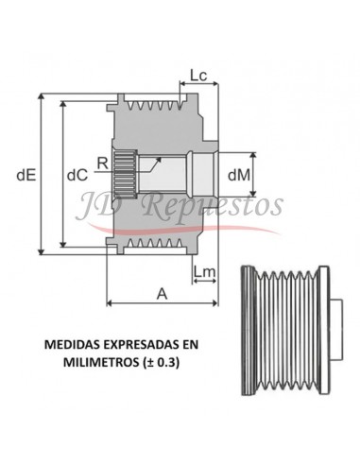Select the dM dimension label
pos(240,173)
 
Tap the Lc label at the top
pos(198,75)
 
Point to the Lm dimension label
pos(203,273)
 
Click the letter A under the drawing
pos(162,293)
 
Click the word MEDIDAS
pos(75,345)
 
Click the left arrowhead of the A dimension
pos(111,303)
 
